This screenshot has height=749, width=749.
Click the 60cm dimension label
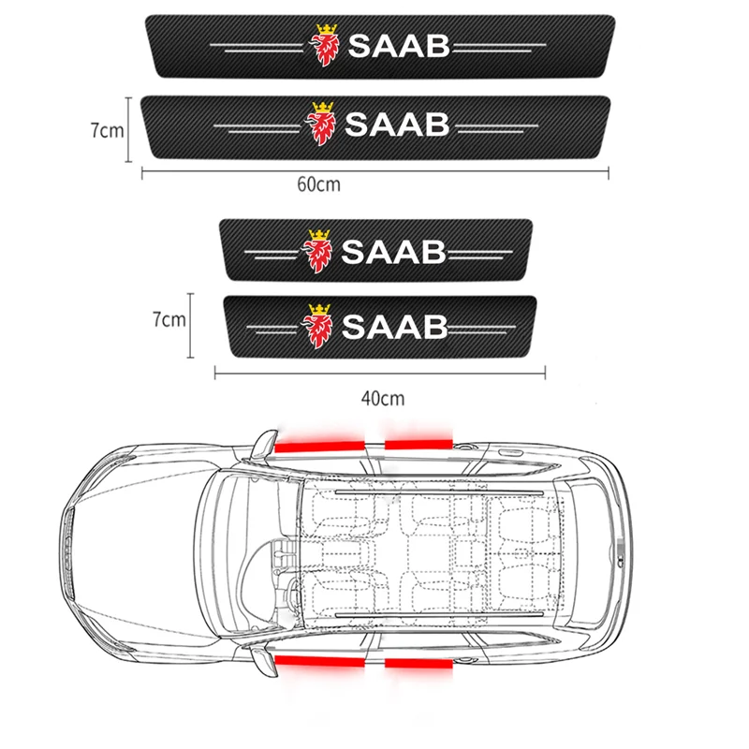[x=318, y=184]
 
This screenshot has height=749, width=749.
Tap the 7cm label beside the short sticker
[x=169, y=320]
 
